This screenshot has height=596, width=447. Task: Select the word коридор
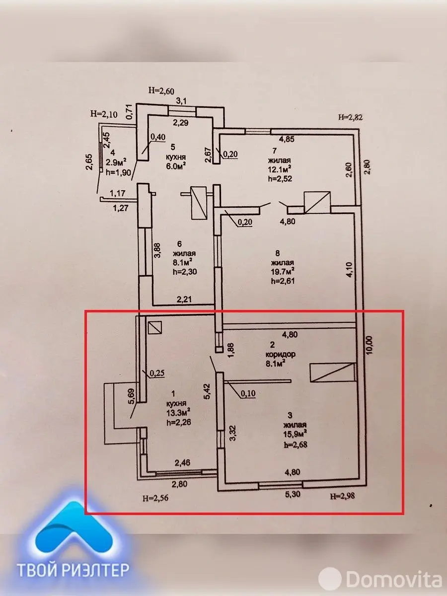[x=282, y=355]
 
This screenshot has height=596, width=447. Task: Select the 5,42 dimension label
[x=209, y=391]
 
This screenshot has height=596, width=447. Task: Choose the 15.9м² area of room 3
[x=295, y=435]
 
